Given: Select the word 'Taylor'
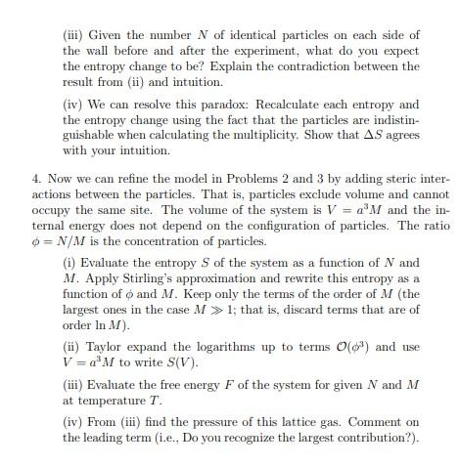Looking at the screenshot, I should point(104,347).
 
